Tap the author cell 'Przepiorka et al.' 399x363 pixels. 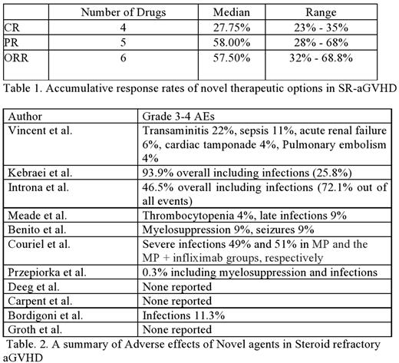pos(46,272)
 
